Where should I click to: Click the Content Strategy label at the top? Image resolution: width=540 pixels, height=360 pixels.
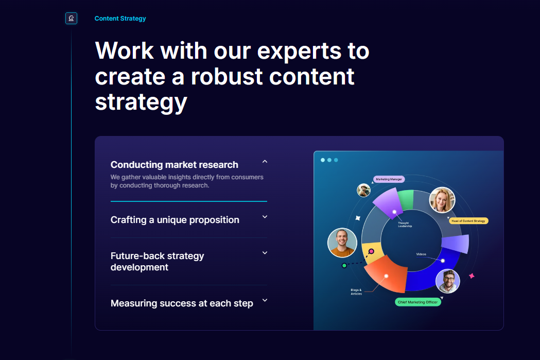(x=120, y=19)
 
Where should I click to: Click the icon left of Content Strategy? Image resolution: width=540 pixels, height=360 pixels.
(x=71, y=19)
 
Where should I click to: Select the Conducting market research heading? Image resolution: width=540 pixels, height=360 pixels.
(x=174, y=165)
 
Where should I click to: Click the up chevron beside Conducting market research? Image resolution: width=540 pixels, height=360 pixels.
(x=265, y=162)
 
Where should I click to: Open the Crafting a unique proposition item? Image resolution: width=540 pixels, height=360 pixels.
(x=175, y=220)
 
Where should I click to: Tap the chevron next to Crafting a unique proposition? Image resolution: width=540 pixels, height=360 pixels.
(x=265, y=217)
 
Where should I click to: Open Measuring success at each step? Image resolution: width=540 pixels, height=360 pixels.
(x=181, y=303)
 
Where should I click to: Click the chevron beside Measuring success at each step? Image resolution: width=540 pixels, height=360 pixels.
(x=265, y=300)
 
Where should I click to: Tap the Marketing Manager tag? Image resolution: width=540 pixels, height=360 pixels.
(x=389, y=179)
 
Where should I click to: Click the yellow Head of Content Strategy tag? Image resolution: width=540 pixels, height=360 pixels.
(x=468, y=220)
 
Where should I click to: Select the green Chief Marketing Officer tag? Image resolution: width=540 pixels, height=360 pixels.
(x=418, y=302)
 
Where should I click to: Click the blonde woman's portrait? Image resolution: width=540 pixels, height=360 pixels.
(x=442, y=200)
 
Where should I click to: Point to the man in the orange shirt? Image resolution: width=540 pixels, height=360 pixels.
(x=342, y=242)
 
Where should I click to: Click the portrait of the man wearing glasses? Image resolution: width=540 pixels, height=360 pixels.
(x=447, y=281)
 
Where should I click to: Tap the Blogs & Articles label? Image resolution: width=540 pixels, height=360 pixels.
(x=356, y=292)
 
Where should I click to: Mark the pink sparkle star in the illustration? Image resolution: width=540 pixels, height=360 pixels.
(x=471, y=276)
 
